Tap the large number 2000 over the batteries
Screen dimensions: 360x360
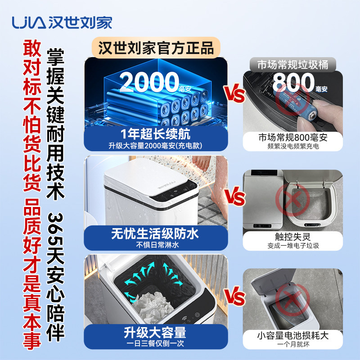click(149, 82)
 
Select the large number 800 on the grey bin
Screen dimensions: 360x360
click(293, 82)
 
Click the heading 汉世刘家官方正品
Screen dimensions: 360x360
click(156, 48)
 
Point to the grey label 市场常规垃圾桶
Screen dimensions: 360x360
click(293, 65)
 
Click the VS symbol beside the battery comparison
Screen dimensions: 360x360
click(235, 94)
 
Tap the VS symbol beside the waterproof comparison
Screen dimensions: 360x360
click(235, 197)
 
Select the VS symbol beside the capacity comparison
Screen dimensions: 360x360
click(234, 297)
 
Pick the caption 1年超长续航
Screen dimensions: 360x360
click(155, 134)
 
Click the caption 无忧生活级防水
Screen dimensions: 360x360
click(155, 234)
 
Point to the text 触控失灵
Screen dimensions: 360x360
click(293, 237)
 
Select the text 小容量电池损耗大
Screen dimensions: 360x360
click(293, 335)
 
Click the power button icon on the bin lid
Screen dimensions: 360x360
click(197, 315)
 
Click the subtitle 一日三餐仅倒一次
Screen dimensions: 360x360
click(155, 343)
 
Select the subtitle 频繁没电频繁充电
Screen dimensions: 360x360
click(293, 146)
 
